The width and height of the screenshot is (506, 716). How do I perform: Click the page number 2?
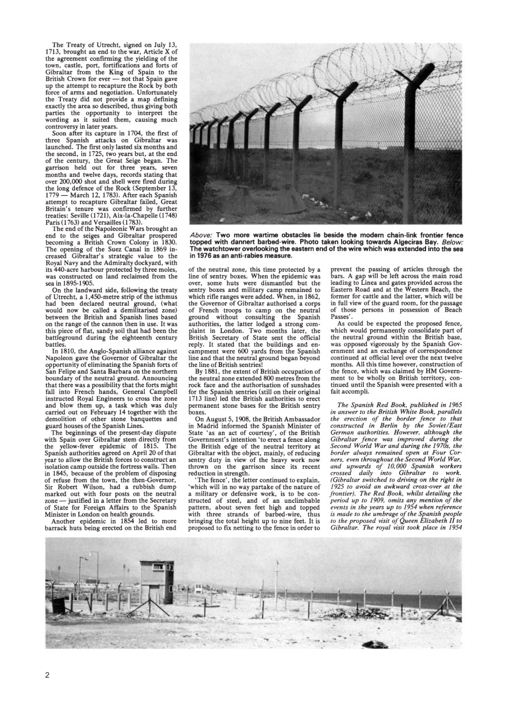[47, 675]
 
